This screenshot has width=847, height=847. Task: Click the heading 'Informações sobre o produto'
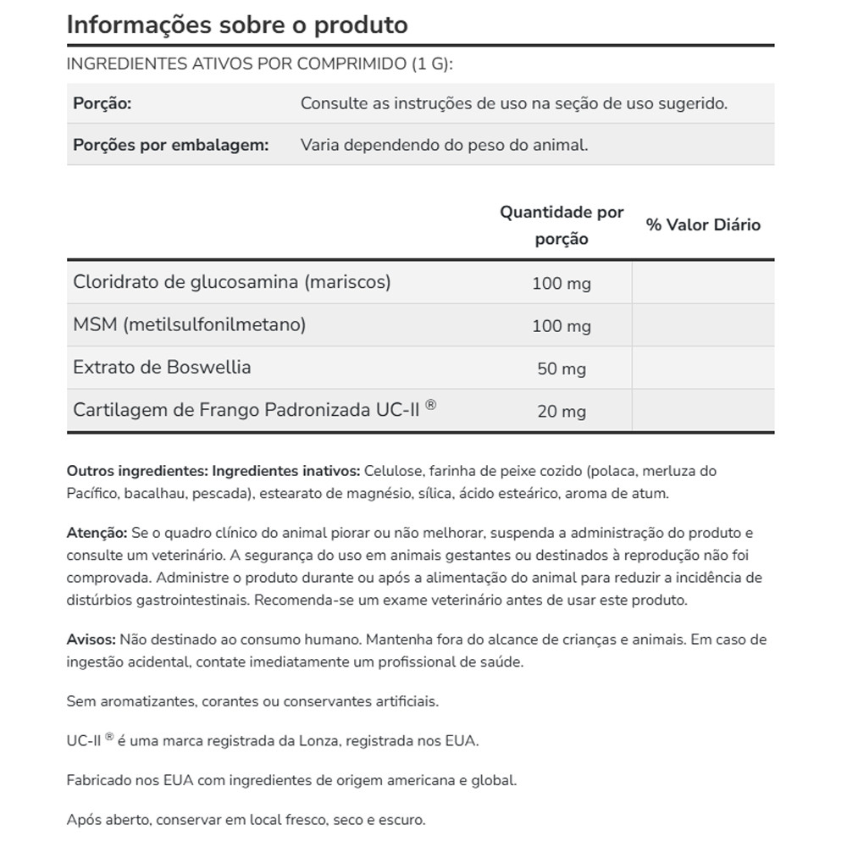click(237, 25)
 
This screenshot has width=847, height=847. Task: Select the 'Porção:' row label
click(102, 103)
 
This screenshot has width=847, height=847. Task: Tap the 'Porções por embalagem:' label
click(171, 145)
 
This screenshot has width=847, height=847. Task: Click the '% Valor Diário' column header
click(703, 224)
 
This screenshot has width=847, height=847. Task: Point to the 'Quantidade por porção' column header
click(562, 225)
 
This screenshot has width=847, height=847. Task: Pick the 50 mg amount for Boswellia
click(562, 369)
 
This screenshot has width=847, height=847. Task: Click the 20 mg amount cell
click(562, 412)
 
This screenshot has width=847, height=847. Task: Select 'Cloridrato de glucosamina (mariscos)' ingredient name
click(232, 282)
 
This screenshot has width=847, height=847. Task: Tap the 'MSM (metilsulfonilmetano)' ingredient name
click(190, 324)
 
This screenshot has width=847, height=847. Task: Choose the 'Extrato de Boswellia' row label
click(163, 368)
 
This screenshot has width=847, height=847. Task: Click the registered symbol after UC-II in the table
click(431, 406)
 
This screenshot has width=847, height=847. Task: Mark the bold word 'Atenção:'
click(97, 534)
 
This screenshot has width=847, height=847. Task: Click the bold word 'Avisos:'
click(91, 640)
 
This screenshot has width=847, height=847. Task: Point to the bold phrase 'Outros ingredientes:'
click(137, 471)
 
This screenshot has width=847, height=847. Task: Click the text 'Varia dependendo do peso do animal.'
click(444, 145)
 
